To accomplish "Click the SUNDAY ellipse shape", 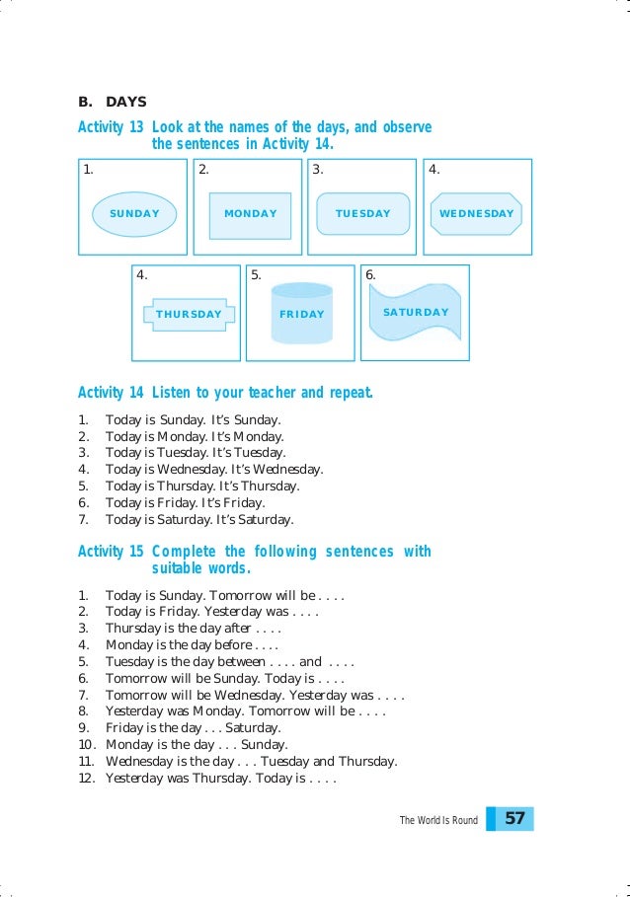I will point(134,213).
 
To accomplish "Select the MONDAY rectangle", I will point(250,214).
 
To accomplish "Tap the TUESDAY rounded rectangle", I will point(363,213).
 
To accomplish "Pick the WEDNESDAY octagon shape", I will point(477,213).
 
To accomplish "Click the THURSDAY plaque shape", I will point(189,315).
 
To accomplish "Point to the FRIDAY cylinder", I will point(301,314).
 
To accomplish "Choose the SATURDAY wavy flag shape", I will point(415,312).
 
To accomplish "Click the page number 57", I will point(514,819).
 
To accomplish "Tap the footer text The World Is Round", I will point(438,820).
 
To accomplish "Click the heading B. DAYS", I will point(112,102).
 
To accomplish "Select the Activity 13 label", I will point(111,128).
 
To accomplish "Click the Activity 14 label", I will point(111,393).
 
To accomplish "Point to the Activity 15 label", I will point(111,552).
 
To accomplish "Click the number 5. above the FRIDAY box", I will point(256,275).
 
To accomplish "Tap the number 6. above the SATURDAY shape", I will point(370,275).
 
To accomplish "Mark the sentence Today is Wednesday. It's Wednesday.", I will point(214,470).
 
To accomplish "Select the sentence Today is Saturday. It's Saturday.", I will point(199,520).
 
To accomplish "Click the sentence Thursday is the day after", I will point(194,628).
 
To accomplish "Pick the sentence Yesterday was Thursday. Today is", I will point(221,779).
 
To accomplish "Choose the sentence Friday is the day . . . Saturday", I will point(193,728).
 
